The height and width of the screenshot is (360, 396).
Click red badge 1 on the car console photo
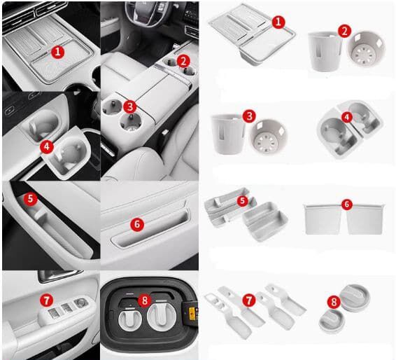click(58, 52)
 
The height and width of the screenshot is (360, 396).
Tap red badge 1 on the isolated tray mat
click(278, 22)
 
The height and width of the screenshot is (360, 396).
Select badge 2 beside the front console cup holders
click(183, 61)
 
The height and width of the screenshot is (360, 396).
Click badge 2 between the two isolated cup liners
click(344, 32)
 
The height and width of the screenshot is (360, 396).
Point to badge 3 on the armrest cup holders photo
click(130, 106)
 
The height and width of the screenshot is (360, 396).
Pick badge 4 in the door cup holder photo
click(47, 147)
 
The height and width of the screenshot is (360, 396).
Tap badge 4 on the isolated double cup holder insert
click(347, 117)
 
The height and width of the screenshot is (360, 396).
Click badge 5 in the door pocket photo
click(30, 198)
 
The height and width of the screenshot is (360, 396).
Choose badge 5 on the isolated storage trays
click(243, 201)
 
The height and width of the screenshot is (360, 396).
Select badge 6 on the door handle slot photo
click(137, 225)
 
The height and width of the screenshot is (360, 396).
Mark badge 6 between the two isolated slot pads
click(346, 205)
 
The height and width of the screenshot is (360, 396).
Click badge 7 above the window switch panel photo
click(46, 300)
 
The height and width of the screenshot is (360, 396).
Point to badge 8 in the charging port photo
click(144, 300)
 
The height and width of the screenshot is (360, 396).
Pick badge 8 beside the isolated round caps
click(334, 302)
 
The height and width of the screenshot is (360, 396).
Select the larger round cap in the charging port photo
click(161, 315)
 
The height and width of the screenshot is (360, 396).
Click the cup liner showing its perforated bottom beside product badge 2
click(366, 50)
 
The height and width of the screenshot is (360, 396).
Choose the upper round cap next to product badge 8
click(355, 296)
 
